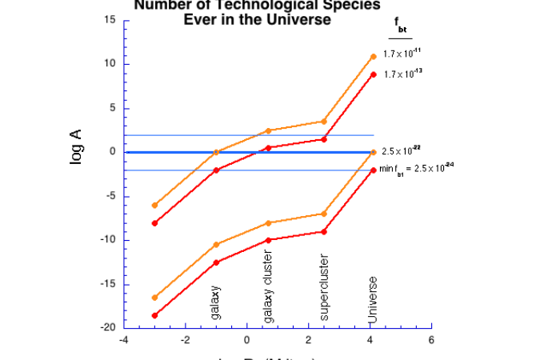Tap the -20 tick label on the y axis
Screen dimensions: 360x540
click(108, 328)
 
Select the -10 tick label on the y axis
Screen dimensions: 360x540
click(108, 240)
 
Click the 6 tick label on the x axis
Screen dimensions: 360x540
click(431, 340)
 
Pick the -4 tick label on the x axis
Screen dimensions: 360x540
click(123, 340)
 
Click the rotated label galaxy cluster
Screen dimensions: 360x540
click(269, 285)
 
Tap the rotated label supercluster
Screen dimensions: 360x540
click(324, 288)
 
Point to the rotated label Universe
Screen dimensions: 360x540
click(373, 300)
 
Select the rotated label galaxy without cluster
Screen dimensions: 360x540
click(216, 302)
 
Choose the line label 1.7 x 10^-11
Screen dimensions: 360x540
click(402, 54)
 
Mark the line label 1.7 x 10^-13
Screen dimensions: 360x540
click(402, 74)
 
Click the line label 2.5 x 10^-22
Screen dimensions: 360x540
click(402, 150)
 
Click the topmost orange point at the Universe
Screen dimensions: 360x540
click(373, 57)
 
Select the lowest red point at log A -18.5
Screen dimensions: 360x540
click(154, 315)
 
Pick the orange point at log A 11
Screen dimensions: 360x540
click(373, 57)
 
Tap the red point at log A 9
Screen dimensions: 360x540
click(373, 74)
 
